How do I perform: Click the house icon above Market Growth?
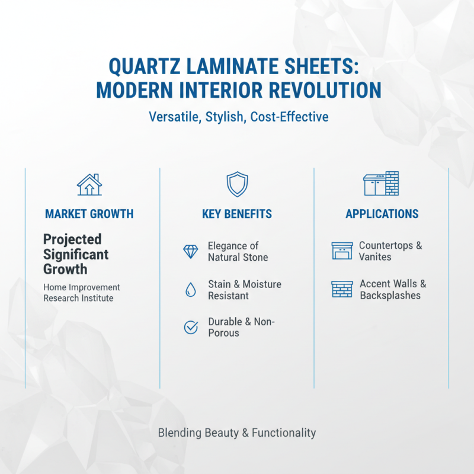pyautogui.click(x=89, y=185)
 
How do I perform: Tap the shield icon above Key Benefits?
pyautogui.click(x=236, y=185)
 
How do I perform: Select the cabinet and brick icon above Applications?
pyautogui.click(x=381, y=184)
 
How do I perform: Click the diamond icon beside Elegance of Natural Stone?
pyautogui.click(x=191, y=252)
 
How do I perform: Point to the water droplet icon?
pyautogui.click(x=191, y=290)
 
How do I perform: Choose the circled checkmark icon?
pyautogui.click(x=191, y=327)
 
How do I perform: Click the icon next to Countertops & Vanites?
pyautogui.click(x=341, y=251)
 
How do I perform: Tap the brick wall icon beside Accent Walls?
pyautogui.click(x=341, y=290)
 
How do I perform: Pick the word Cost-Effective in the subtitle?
pyautogui.click(x=289, y=117)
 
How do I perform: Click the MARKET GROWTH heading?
pyautogui.click(x=89, y=214)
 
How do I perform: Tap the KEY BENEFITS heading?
pyautogui.click(x=236, y=214)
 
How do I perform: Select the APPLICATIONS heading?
pyautogui.click(x=382, y=214)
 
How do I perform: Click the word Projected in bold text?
pyautogui.click(x=72, y=240)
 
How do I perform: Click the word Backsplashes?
pyautogui.click(x=390, y=296)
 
